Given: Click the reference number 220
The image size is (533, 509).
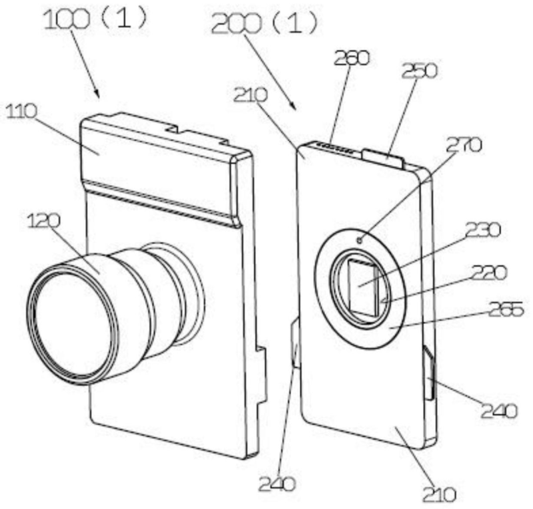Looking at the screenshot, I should [488, 273].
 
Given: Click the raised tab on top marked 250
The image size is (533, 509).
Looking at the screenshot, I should [382, 157].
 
